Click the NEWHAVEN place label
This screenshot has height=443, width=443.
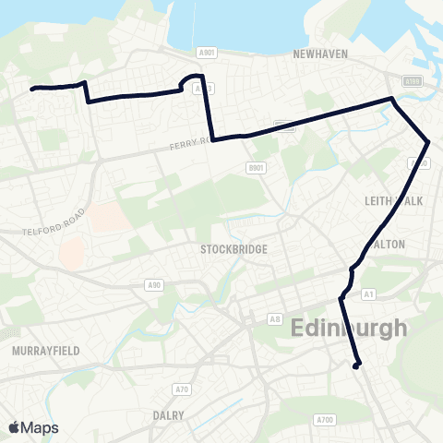point(320,54)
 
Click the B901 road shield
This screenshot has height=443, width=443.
point(256,167)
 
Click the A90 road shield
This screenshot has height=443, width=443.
point(155,285)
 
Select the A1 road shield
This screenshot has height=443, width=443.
point(370,293)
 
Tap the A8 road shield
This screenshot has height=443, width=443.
point(274,319)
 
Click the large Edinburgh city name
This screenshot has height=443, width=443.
point(349,328)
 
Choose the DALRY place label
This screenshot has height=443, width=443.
point(169,415)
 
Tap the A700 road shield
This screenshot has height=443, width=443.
point(324,420)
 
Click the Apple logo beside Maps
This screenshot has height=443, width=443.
point(14,427)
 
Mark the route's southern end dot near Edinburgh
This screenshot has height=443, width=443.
point(356,366)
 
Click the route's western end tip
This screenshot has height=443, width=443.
point(32,89)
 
